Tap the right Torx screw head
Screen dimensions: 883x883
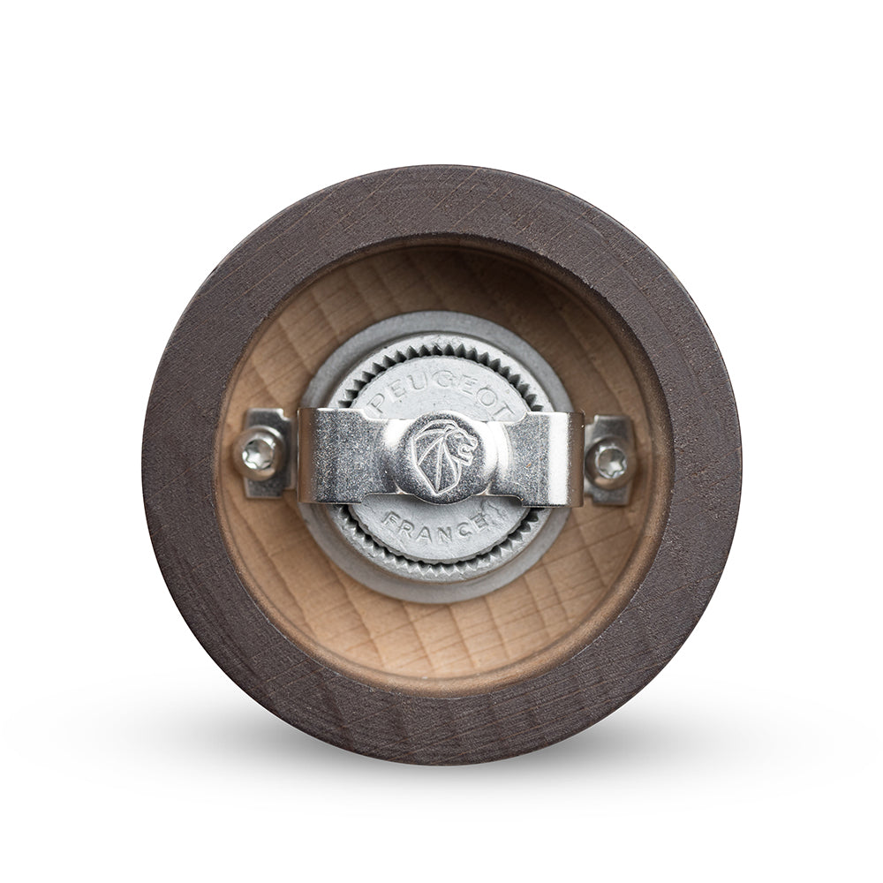(x=608, y=459)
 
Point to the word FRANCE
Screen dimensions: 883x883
(x=436, y=526)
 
